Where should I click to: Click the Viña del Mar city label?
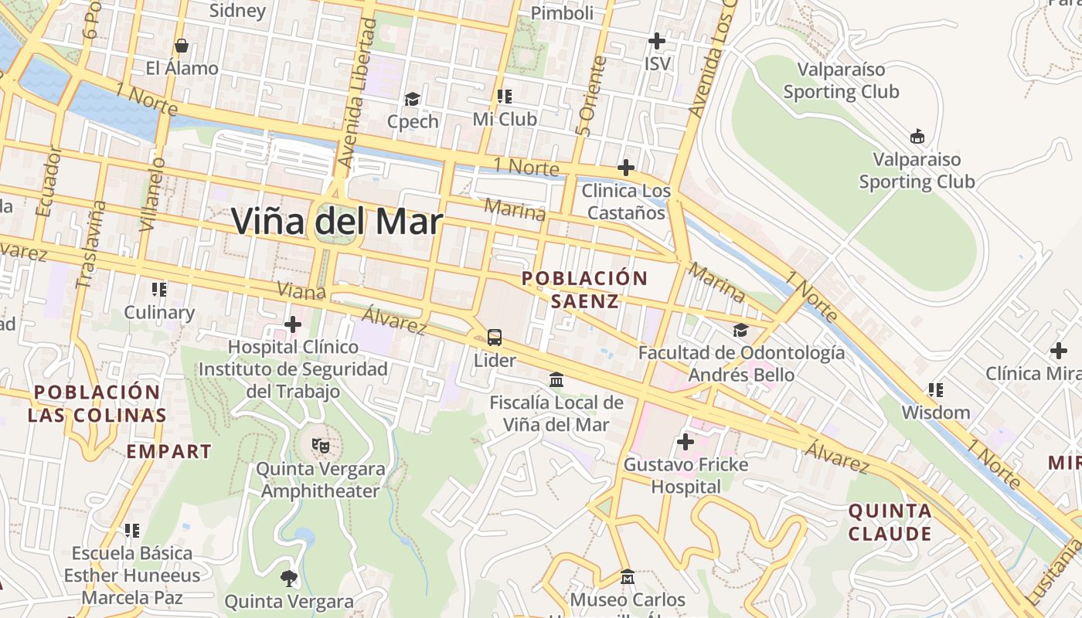[x=337, y=222]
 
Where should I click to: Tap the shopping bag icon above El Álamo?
[x=182, y=46]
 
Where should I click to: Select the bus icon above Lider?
[x=495, y=338]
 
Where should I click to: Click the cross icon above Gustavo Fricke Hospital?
[x=686, y=442]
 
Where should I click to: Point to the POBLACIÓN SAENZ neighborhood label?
[x=584, y=289]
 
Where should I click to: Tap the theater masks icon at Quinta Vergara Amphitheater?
[x=320, y=445]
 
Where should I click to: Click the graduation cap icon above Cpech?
[x=413, y=100]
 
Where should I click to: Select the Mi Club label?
[x=505, y=120]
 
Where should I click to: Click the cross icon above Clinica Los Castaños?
[x=625, y=168]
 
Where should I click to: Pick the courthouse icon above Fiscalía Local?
[x=556, y=379]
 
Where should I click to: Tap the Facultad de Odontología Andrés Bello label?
[x=741, y=364]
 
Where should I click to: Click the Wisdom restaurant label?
[x=935, y=412]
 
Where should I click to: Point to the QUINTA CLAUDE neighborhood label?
[x=890, y=522]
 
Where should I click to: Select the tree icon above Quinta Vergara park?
[x=289, y=578]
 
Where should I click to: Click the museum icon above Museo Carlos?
[x=627, y=577]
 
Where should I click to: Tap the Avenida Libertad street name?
[x=357, y=93]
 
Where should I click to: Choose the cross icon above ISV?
[x=657, y=40]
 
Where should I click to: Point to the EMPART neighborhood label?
[x=168, y=451]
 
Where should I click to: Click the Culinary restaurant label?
[x=159, y=312]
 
